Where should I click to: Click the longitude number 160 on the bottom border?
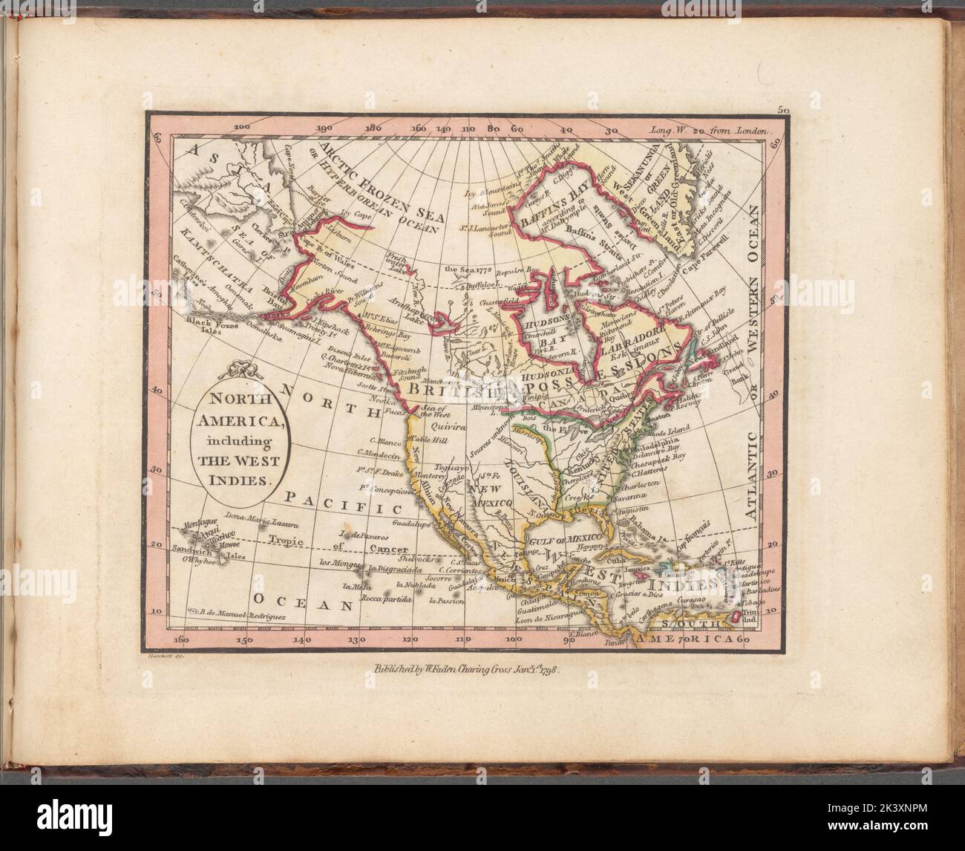(x=179, y=638)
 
